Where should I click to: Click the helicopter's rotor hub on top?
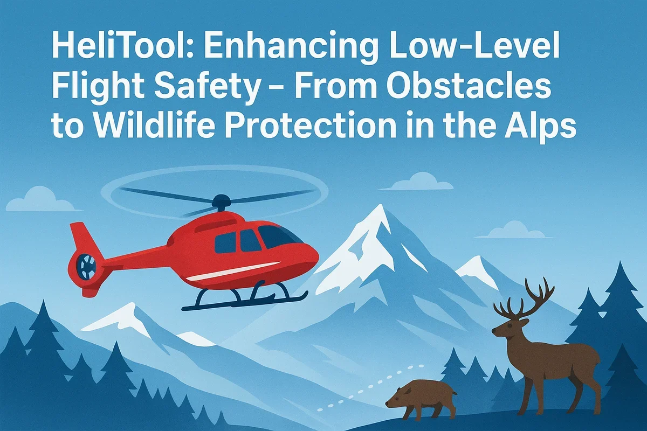(221, 203)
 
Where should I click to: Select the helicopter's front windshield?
(278, 237)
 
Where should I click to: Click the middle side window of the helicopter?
(250, 240)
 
